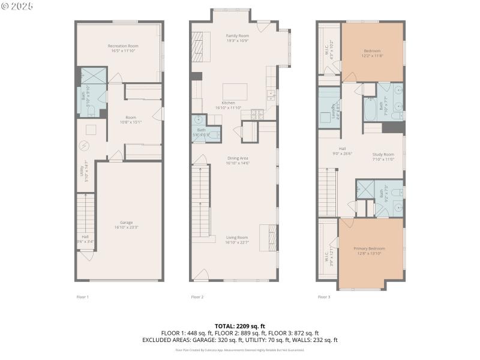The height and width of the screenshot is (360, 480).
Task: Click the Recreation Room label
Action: point(123,49)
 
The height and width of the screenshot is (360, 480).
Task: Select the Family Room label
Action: point(238,38)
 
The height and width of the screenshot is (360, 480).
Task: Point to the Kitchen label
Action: point(228,105)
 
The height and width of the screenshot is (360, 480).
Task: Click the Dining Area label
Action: point(238,161)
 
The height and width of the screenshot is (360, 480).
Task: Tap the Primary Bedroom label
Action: point(369,251)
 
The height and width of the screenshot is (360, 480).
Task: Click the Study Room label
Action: point(383,157)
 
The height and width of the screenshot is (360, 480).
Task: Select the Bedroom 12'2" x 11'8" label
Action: point(373,53)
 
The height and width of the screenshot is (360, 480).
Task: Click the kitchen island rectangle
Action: point(235,92)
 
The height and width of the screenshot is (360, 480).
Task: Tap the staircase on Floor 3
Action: point(327,191)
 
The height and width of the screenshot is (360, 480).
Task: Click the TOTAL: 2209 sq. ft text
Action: point(239,326)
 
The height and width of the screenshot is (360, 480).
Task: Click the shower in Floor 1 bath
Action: point(93,76)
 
